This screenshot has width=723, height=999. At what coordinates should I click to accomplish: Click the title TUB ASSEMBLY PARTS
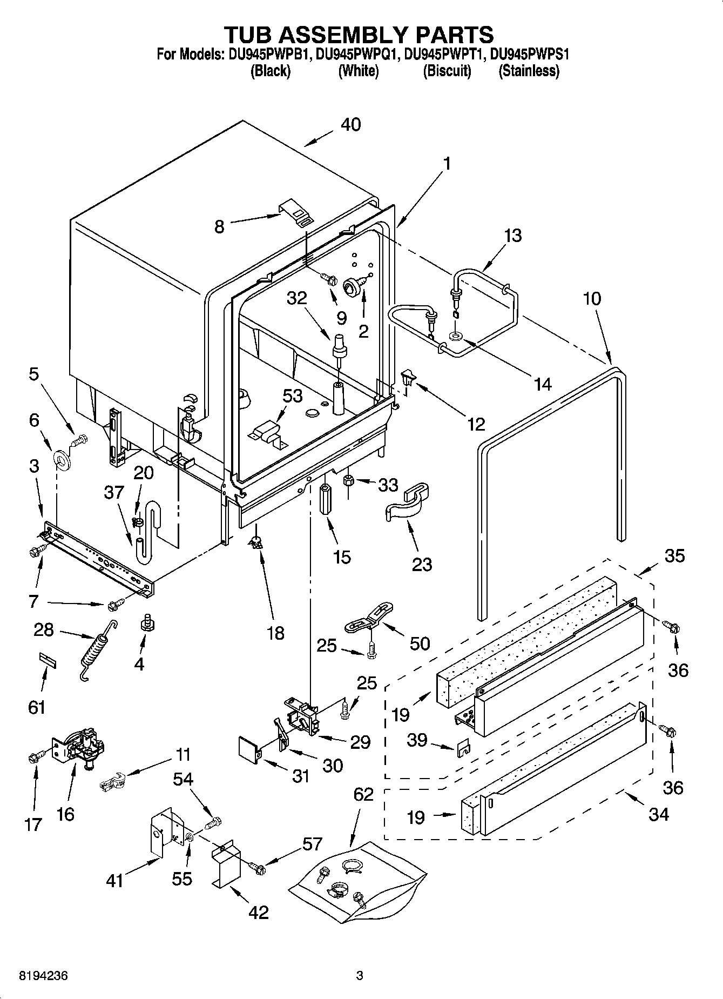coord(359,34)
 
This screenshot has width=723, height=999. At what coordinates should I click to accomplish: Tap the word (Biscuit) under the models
coord(447,71)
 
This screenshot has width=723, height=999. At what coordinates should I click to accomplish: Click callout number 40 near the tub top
coord(351,125)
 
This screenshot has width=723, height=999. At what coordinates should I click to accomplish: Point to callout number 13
coord(513,236)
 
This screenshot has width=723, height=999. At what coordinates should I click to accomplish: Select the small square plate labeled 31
coord(249,750)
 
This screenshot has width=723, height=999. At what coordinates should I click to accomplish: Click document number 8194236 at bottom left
coord(43,975)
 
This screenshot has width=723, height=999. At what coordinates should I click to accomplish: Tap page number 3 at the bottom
coord(360,975)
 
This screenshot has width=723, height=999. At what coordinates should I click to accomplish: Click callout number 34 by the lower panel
coord(659,813)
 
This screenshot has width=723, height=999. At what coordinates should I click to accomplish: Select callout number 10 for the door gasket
coord(592,298)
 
